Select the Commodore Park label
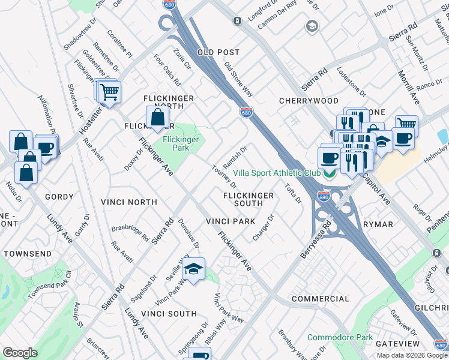pyautogui.click(x=340, y=337)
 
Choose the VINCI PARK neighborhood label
pyautogui.click(x=231, y=221)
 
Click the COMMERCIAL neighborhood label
pyautogui.click(x=320, y=298)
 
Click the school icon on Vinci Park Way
pyautogui.click(x=194, y=269)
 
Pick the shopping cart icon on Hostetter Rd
pyautogui.click(x=109, y=92)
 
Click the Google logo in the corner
pyautogui.click(x=20, y=353)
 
